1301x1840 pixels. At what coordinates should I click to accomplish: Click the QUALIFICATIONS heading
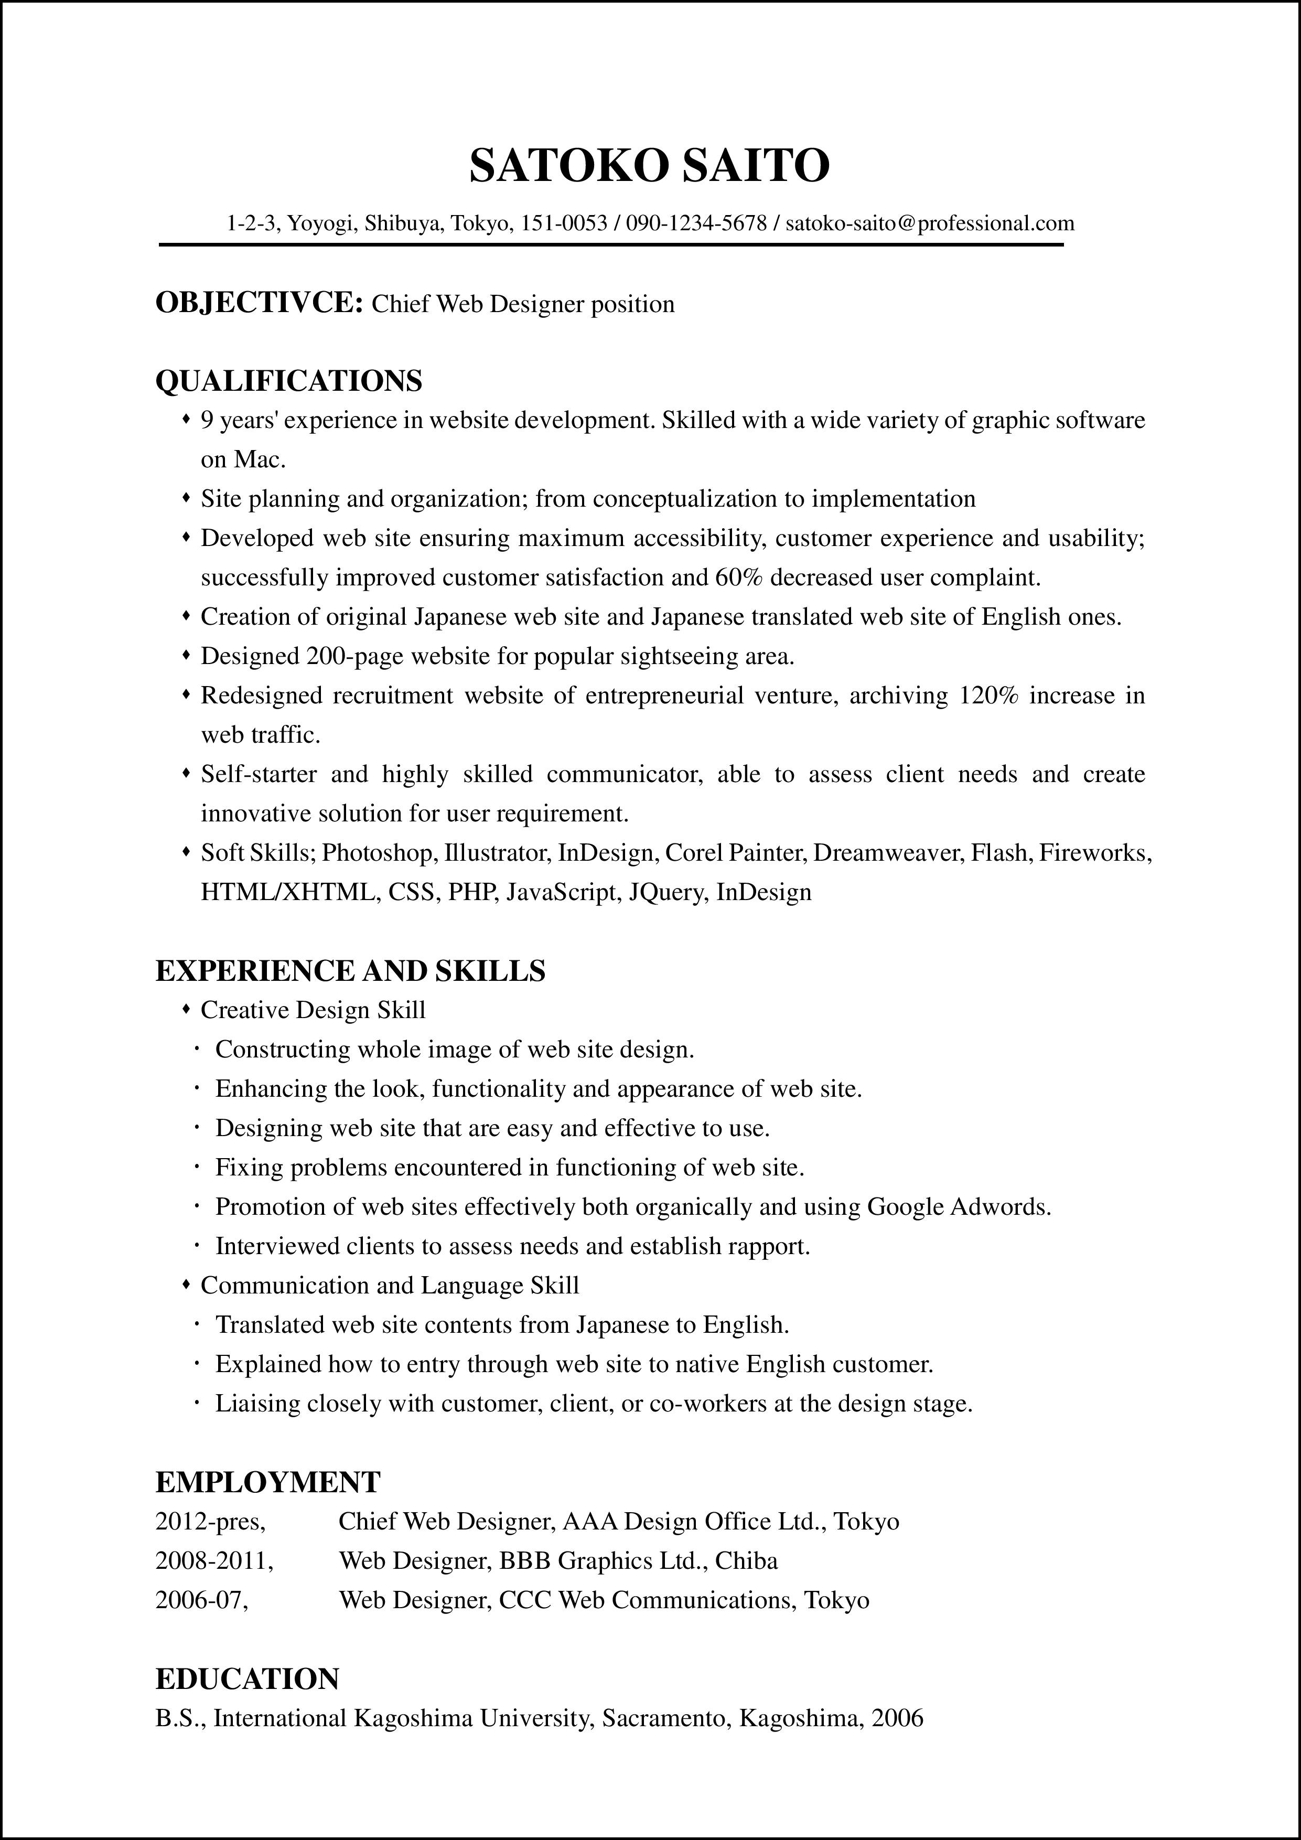pos(288,381)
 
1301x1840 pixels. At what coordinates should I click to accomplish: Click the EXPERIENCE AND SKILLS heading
pos(350,970)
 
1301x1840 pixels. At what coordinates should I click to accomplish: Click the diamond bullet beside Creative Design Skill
pos(186,1010)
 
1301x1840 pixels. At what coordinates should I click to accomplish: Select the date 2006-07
pos(201,1600)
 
